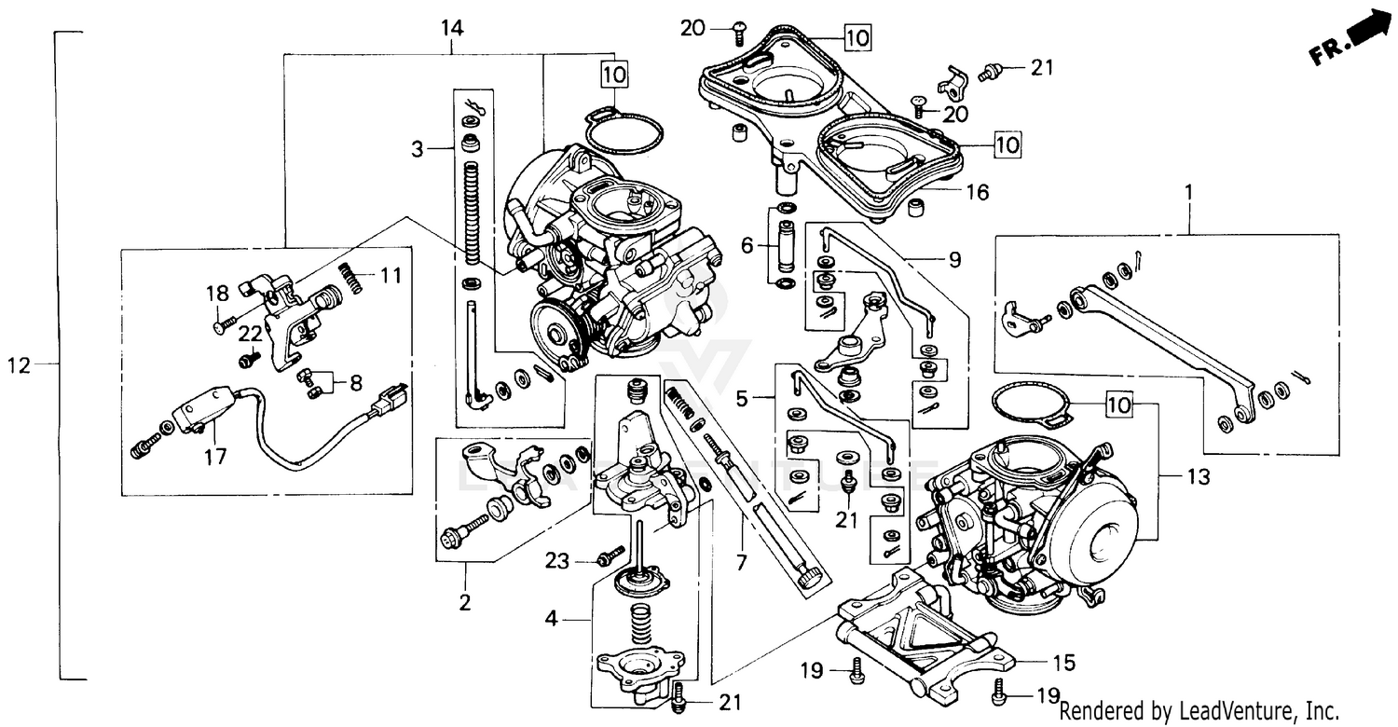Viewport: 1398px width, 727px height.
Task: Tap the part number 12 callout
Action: (20, 365)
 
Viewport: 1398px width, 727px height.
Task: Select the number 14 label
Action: (451, 28)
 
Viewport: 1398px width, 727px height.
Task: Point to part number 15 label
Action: (1063, 663)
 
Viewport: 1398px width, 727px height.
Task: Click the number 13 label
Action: (1198, 478)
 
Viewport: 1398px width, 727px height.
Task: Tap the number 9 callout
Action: (954, 260)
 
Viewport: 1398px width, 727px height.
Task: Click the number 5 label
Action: (742, 399)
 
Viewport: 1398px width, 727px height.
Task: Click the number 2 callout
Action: (464, 602)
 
